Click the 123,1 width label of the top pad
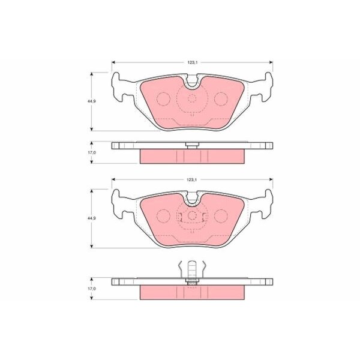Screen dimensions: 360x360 (192, 62)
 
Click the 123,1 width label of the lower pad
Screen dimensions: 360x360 (192, 180)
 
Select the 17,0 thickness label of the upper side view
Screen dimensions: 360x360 (92, 152)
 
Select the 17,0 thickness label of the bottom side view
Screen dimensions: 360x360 (92, 289)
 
